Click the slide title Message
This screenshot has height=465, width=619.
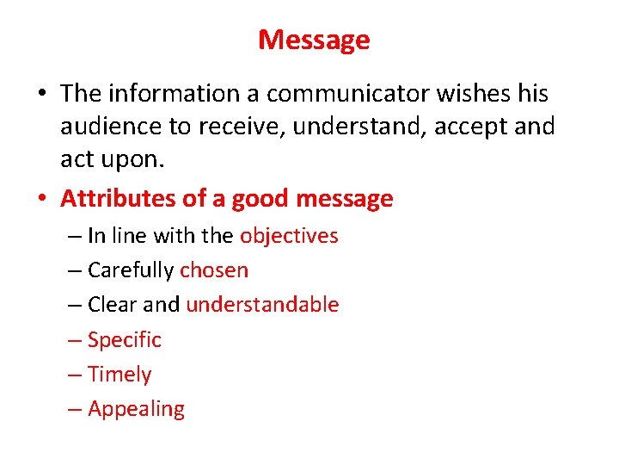pos(314,40)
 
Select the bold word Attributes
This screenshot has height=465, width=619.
pos(118,199)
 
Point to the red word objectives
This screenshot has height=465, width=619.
pos(289,235)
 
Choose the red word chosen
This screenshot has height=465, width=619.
pos(214,270)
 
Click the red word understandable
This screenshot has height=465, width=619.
pos(262,305)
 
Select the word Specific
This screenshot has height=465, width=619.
pos(125,340)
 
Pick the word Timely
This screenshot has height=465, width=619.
pos(120,375)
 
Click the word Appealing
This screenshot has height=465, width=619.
pos(136,409)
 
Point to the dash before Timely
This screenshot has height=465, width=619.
pos(75,375)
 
